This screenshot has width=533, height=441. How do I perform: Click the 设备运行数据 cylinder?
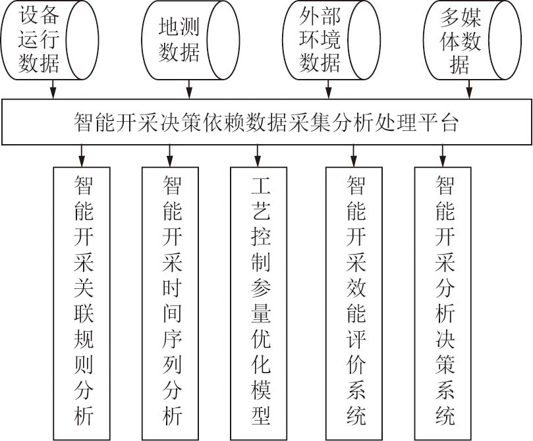click(49, 40)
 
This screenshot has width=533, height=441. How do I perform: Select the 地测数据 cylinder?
click(190, 40)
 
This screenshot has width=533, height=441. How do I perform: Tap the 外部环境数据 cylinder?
click(331, 40)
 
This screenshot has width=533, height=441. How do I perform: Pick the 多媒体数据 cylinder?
click(472, 40)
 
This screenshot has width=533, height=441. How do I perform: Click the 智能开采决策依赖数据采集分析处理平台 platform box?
click(266, 122)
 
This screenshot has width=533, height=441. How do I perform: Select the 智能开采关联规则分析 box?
click(82, 303)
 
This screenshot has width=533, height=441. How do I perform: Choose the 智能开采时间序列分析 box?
click(170, 303)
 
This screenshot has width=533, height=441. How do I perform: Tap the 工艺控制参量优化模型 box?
click(259, 303)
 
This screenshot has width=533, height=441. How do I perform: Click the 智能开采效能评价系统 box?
click(354, 303)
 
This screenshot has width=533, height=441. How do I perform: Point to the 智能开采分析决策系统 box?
click(443, 303)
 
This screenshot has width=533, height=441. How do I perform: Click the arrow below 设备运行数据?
click(53, 90)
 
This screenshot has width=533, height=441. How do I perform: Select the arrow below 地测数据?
click(189, 90)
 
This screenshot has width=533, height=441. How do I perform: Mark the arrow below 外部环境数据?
click(328, 90)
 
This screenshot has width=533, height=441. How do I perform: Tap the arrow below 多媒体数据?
click(470, 90)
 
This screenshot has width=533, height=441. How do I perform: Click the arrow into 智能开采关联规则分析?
click(82, 156)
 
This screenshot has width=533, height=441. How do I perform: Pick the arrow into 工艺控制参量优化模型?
click(258, 156)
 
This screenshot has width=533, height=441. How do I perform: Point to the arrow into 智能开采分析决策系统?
click(442, 156)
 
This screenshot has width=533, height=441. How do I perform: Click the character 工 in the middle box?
click(261, 185)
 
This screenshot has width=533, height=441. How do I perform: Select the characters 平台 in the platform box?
click(438, 122)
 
